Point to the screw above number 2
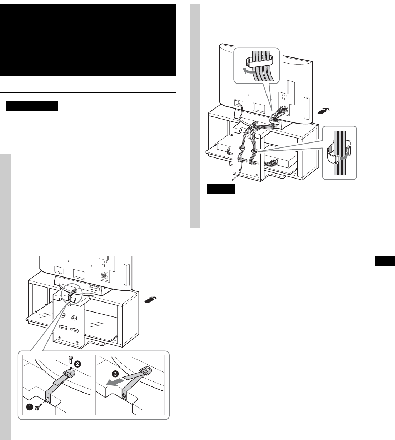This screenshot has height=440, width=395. [x=71, y=358]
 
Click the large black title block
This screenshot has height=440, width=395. [x=88, y=40]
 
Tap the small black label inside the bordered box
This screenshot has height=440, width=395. [x=32, y=106]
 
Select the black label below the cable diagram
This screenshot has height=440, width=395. [x=221, y=189]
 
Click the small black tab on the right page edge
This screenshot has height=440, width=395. [x=385, y=261]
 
